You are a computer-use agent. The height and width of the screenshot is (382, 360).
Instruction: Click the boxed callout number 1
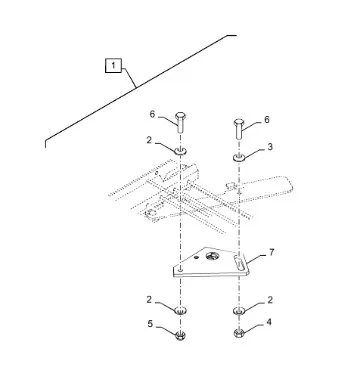coord(113,65)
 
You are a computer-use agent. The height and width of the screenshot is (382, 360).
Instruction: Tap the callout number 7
coord(272,252)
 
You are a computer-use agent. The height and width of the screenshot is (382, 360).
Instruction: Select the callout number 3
coord(270,147)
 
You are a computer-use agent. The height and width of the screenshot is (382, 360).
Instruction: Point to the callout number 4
coord(268,322)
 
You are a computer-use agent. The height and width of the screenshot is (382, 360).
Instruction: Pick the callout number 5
coord(150,324)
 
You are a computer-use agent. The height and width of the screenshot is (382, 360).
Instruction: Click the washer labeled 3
coord(239,157)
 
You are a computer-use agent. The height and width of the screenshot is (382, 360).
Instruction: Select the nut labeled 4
coord(239,333)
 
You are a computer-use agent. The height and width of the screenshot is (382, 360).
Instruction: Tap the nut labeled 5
coord(180,335)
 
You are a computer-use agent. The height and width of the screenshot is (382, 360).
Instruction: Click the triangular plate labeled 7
coord(211,264)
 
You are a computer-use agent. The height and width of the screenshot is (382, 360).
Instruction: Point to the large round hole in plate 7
coord(211,256)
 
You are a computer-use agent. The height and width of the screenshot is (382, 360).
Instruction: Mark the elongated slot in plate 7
coord(238,261)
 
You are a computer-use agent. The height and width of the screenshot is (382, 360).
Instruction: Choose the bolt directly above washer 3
coord(239,128)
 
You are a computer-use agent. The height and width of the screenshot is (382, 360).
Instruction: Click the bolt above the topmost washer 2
coord(180,122)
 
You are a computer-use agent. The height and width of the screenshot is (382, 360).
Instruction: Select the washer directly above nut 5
coord(180,310)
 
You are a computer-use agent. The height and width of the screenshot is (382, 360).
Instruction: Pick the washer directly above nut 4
coord(239,310)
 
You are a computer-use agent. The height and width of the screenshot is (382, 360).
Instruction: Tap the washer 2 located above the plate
coord(180,151)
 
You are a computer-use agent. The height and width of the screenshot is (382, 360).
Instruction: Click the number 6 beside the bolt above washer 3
coord(267,120)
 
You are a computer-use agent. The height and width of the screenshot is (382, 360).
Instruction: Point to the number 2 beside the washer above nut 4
coord(270,300)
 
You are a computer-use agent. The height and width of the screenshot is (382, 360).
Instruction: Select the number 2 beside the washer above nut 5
coord(149,300)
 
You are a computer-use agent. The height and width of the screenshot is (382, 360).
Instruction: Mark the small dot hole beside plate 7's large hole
coord(197,257)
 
